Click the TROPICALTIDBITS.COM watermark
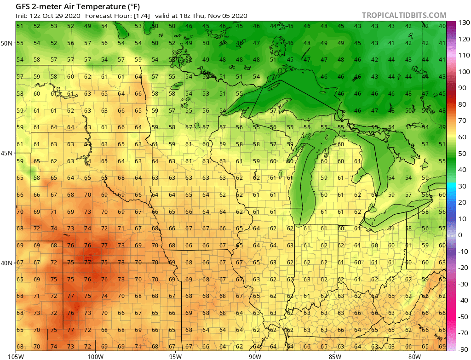(404, 15)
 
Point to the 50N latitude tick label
(6, 43)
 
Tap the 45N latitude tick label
(6, 153)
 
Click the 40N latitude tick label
(6, 263)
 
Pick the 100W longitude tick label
(96, 356)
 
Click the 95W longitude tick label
(175, 356)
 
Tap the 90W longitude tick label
(255, 356)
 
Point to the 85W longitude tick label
(335, 356)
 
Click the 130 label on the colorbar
(461, 23)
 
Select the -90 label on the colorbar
(461, 349)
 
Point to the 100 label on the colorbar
(461, 72)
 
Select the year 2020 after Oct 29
(73, 16)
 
